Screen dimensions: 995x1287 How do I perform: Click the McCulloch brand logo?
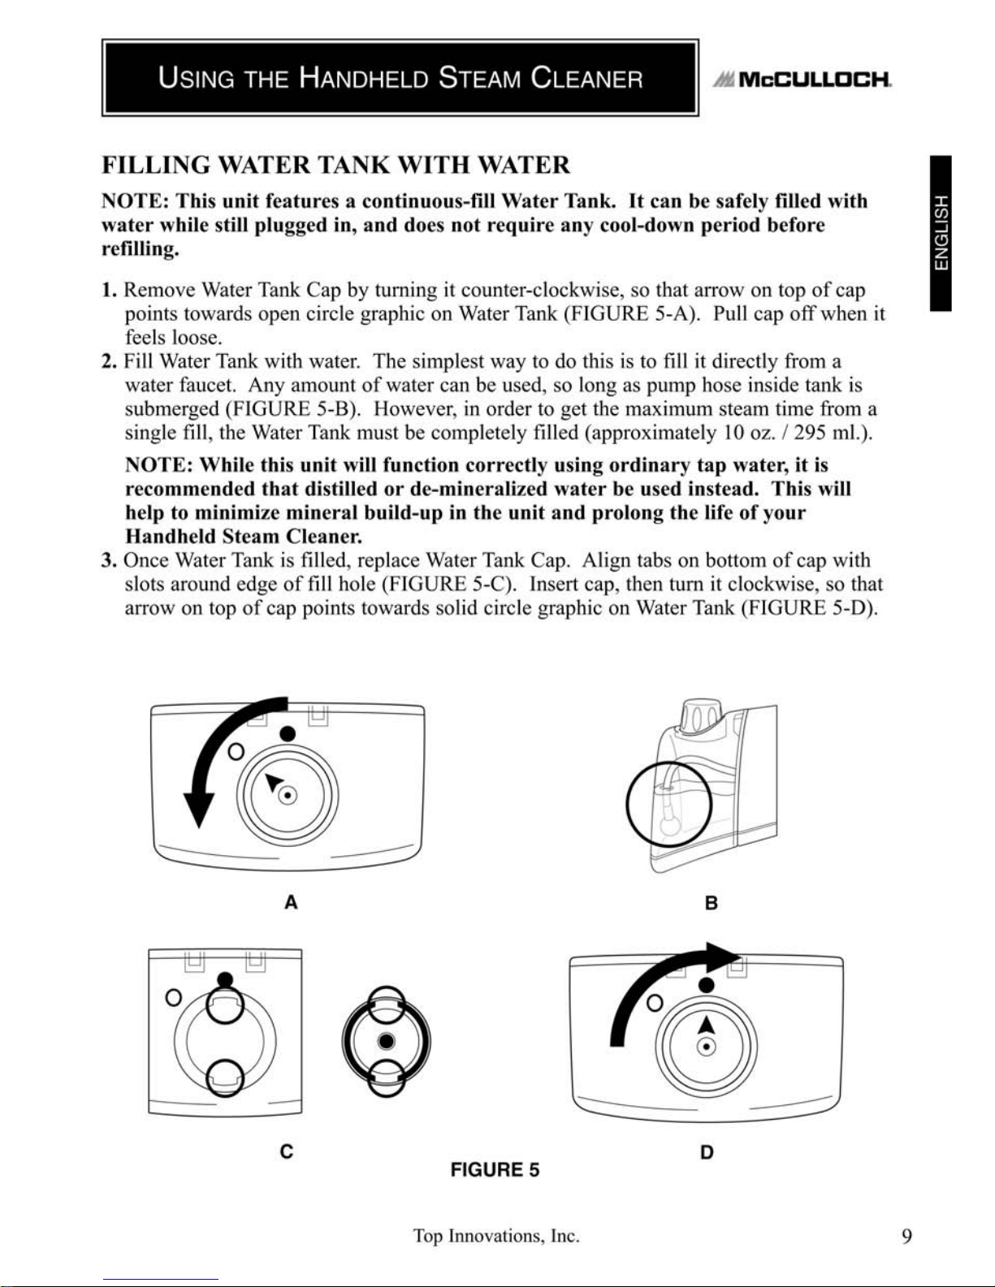802,80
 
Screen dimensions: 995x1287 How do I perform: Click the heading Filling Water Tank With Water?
335,165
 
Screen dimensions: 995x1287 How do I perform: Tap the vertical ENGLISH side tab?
941,233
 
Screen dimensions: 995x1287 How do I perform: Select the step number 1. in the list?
109,290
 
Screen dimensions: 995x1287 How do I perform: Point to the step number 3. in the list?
109,560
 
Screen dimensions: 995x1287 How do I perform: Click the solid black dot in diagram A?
288,734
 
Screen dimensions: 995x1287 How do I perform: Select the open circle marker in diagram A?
236,752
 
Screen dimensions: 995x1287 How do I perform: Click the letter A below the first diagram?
291,903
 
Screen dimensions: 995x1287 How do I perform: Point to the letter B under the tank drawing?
712,903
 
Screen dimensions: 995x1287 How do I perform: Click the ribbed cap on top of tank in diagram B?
701,718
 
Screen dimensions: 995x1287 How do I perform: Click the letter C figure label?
287,1151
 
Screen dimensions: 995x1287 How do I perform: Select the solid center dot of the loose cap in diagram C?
386,1041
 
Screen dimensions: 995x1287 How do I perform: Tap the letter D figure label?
707,1152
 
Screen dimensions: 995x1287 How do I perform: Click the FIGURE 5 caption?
495,1170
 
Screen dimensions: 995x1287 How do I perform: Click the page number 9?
906,1237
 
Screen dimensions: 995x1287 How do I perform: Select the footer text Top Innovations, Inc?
496,1237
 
